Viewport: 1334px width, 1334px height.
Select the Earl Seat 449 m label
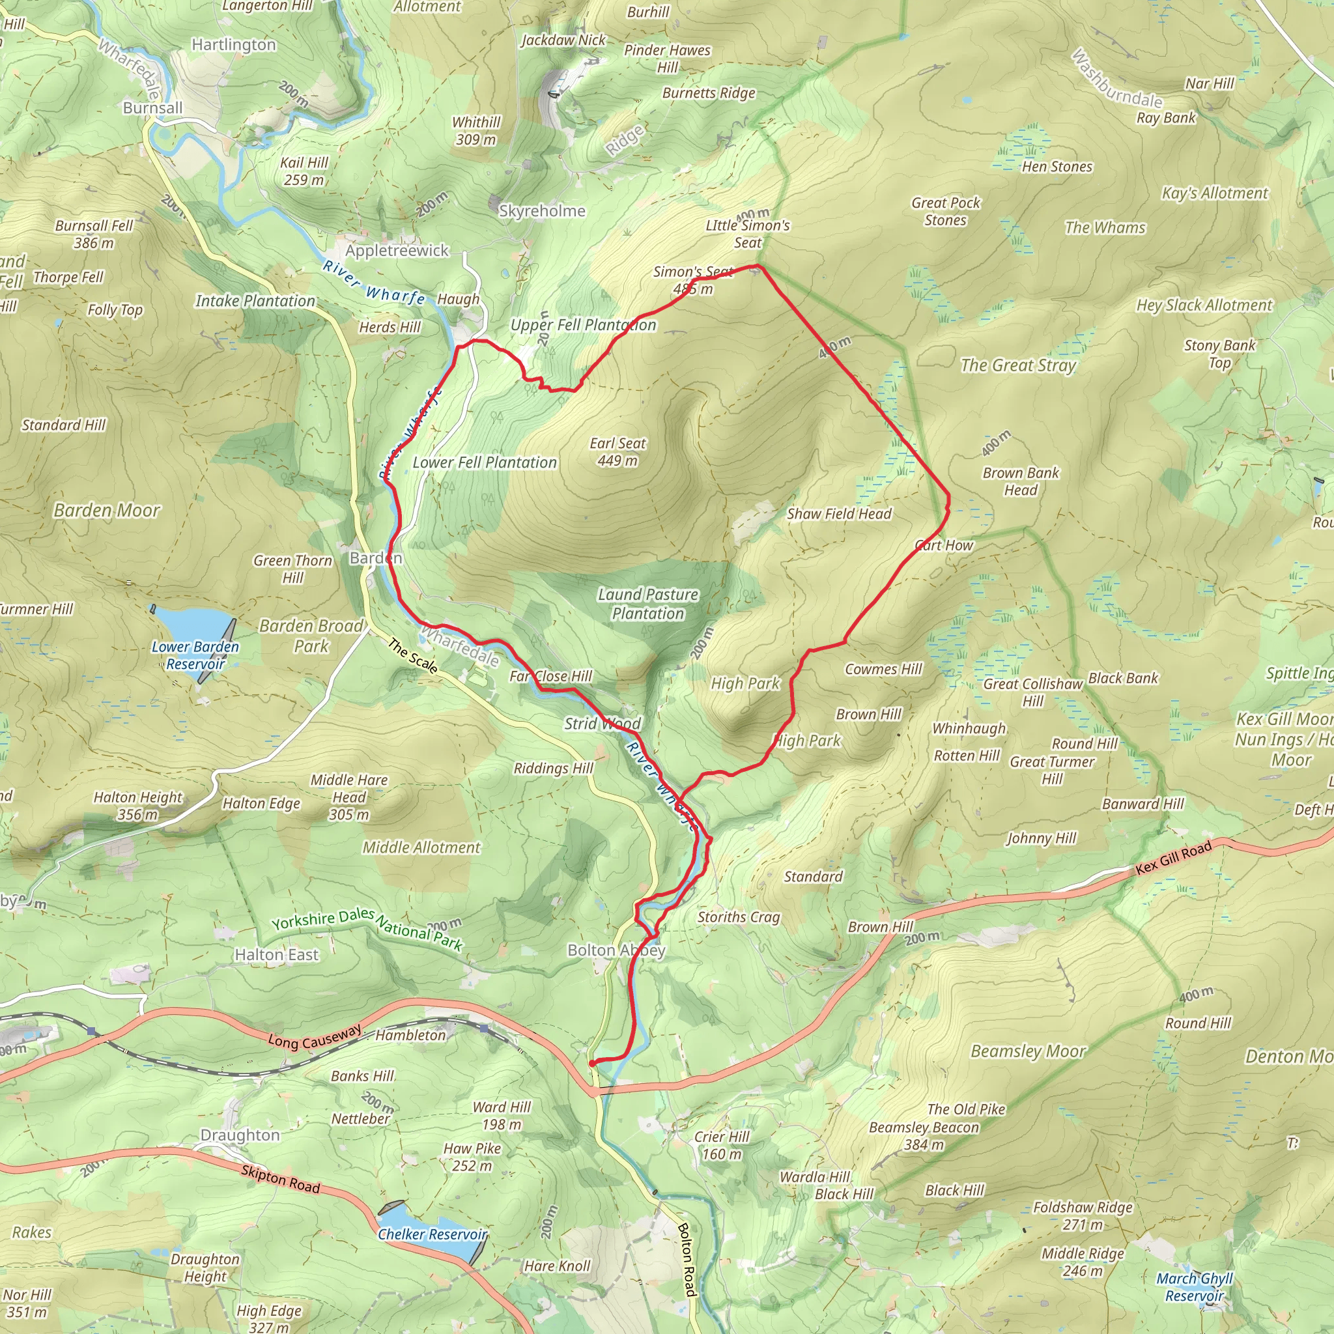[x=617, y=451]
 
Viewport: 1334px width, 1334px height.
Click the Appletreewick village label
[x=397, y=251]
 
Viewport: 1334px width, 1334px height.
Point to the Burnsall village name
[x=152, y=107]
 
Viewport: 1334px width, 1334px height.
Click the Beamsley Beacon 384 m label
[x=924, y=1136]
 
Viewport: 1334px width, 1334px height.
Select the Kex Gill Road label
[x=1174, y=859]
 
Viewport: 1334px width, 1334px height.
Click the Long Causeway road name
[x=315, y=1036]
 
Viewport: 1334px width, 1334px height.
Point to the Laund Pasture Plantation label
[x=647, y=603]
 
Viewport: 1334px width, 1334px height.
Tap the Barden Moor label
[x=107, y=510]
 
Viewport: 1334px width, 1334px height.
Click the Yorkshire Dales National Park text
[x=367, y=929]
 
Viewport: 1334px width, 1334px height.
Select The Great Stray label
[x=1019, y=365]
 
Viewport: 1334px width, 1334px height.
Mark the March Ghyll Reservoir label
[x=1195, y=1287]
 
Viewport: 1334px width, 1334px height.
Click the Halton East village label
[x=276, y=954]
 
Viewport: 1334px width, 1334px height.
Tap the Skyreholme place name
[x=542, y=210]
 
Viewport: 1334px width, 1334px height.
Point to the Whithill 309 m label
[x=475, y=130]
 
